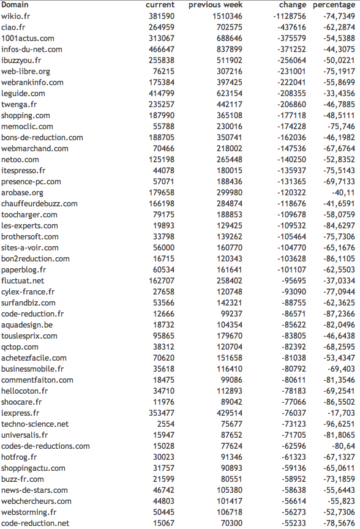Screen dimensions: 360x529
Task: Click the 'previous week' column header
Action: (x=216, y=5)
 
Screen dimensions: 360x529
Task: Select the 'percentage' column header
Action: (x=334, y=5)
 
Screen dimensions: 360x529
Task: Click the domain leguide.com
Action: (x=23, y=93)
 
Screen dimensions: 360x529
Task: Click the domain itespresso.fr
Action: (x=23, y=170)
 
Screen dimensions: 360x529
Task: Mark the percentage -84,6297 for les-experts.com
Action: (x=338, y=225)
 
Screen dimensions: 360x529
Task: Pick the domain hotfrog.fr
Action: (x=19, y=457)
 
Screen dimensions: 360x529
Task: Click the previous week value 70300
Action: (x=231, y=523)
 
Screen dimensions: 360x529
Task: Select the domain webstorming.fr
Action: (x=29, y=512)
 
